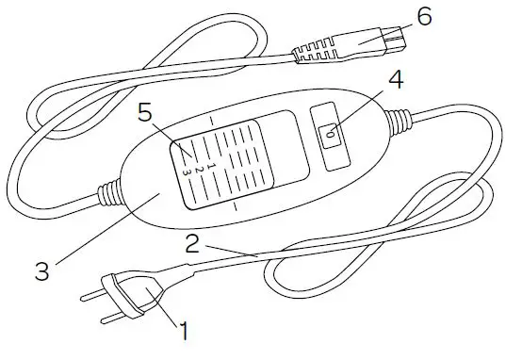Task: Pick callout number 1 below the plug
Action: point(185,331)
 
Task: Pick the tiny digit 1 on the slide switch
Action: point(213,162)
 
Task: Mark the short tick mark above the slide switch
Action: point(213,121)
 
